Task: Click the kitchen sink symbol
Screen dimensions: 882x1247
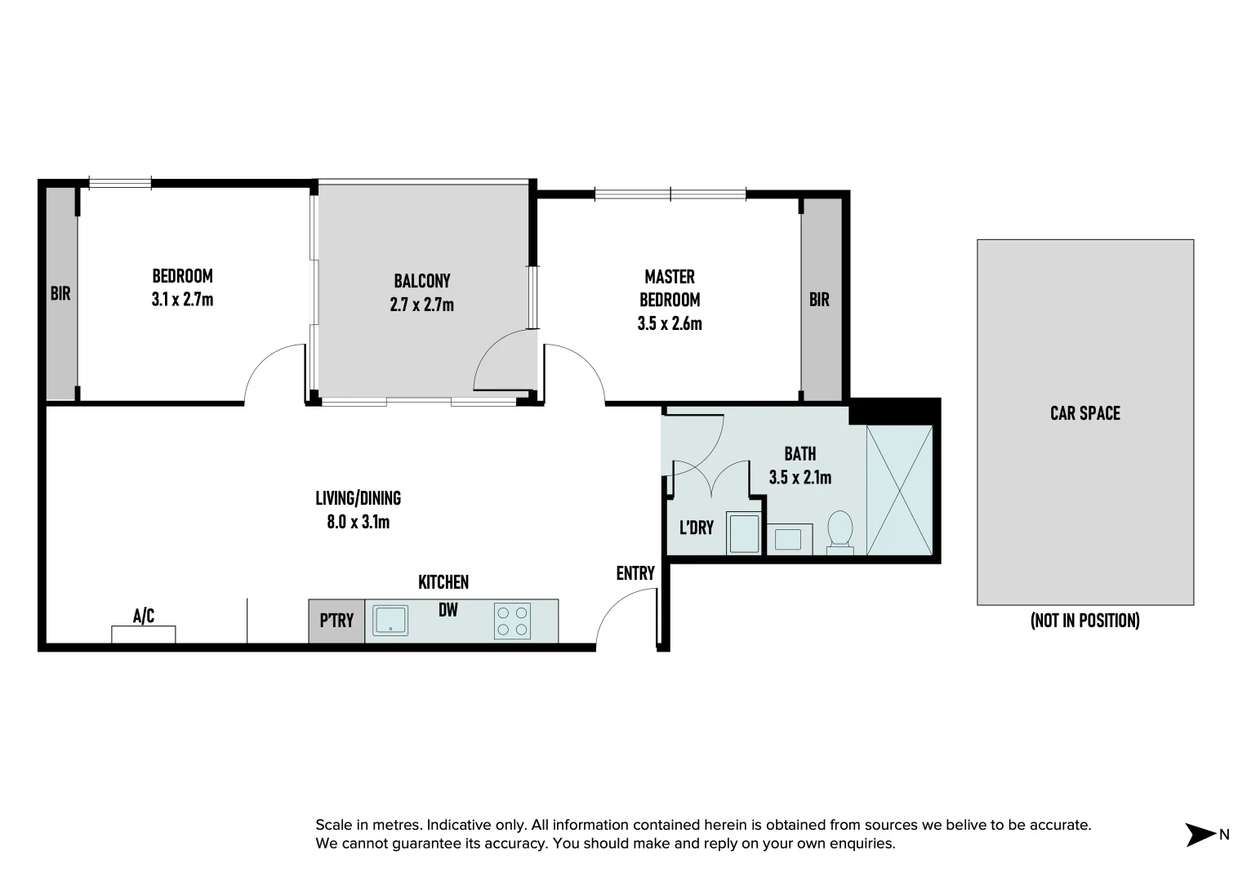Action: coord(390,621)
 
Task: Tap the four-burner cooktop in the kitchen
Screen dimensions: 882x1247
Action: coord(512,621)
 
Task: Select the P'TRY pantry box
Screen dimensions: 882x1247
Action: coord(336,621)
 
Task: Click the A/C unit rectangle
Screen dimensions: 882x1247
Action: coord(144,634)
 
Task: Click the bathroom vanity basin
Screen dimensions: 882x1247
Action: coord(788,539)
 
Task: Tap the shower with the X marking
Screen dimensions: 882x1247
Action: coord(899,490)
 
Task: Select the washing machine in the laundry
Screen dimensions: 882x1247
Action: coord(744,533)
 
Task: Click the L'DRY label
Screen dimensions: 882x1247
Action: coord(697,528)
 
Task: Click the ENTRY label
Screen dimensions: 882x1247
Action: coord(635,573)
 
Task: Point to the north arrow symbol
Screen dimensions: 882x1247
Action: coord(1200,835)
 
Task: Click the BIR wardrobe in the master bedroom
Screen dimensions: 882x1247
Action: coord(820,300)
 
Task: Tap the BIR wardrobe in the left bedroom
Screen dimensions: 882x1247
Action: coord(61,293)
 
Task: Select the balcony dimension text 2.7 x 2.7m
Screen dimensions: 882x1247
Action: coord(422,305)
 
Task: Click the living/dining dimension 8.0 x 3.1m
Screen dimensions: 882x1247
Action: coord(359,522)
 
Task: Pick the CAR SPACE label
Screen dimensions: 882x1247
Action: coord(1084,413)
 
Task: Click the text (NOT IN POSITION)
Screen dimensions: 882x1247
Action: coord(1084,621)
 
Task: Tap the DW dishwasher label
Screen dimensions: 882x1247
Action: coord(448,609)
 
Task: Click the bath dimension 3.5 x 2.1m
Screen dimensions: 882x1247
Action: coord(800,477)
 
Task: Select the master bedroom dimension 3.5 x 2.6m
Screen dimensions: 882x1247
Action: coord(670,323)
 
